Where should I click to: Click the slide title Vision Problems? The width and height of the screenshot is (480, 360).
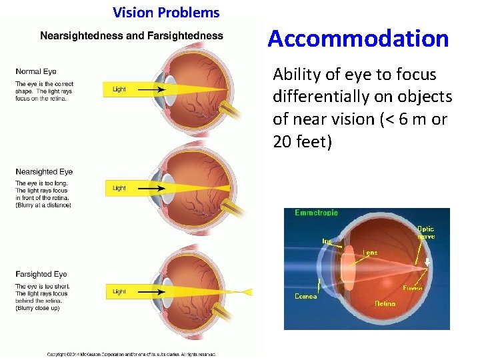point(166,12)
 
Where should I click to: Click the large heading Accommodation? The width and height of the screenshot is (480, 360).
point(358,39)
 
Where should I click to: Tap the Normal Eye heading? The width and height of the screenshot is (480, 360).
point(36,71)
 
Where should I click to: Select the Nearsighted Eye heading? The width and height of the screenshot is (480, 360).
point(44,172)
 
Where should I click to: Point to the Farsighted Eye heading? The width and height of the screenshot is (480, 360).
point(41,274)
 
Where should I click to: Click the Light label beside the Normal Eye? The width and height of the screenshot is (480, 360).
point(119,89)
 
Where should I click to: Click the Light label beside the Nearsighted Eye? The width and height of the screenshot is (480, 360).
point(119,189)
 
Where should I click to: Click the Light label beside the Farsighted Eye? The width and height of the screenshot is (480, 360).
point(119,291)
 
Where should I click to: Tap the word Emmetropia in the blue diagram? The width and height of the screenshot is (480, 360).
point(316,213)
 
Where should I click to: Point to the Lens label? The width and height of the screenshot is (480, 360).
point(370,253)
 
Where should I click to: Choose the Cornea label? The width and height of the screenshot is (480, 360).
point(305,296)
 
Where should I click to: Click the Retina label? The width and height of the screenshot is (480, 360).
point(385,303)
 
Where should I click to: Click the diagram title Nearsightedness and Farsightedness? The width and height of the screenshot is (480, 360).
point(131,35)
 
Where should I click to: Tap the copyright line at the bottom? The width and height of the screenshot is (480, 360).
point(131,354)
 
